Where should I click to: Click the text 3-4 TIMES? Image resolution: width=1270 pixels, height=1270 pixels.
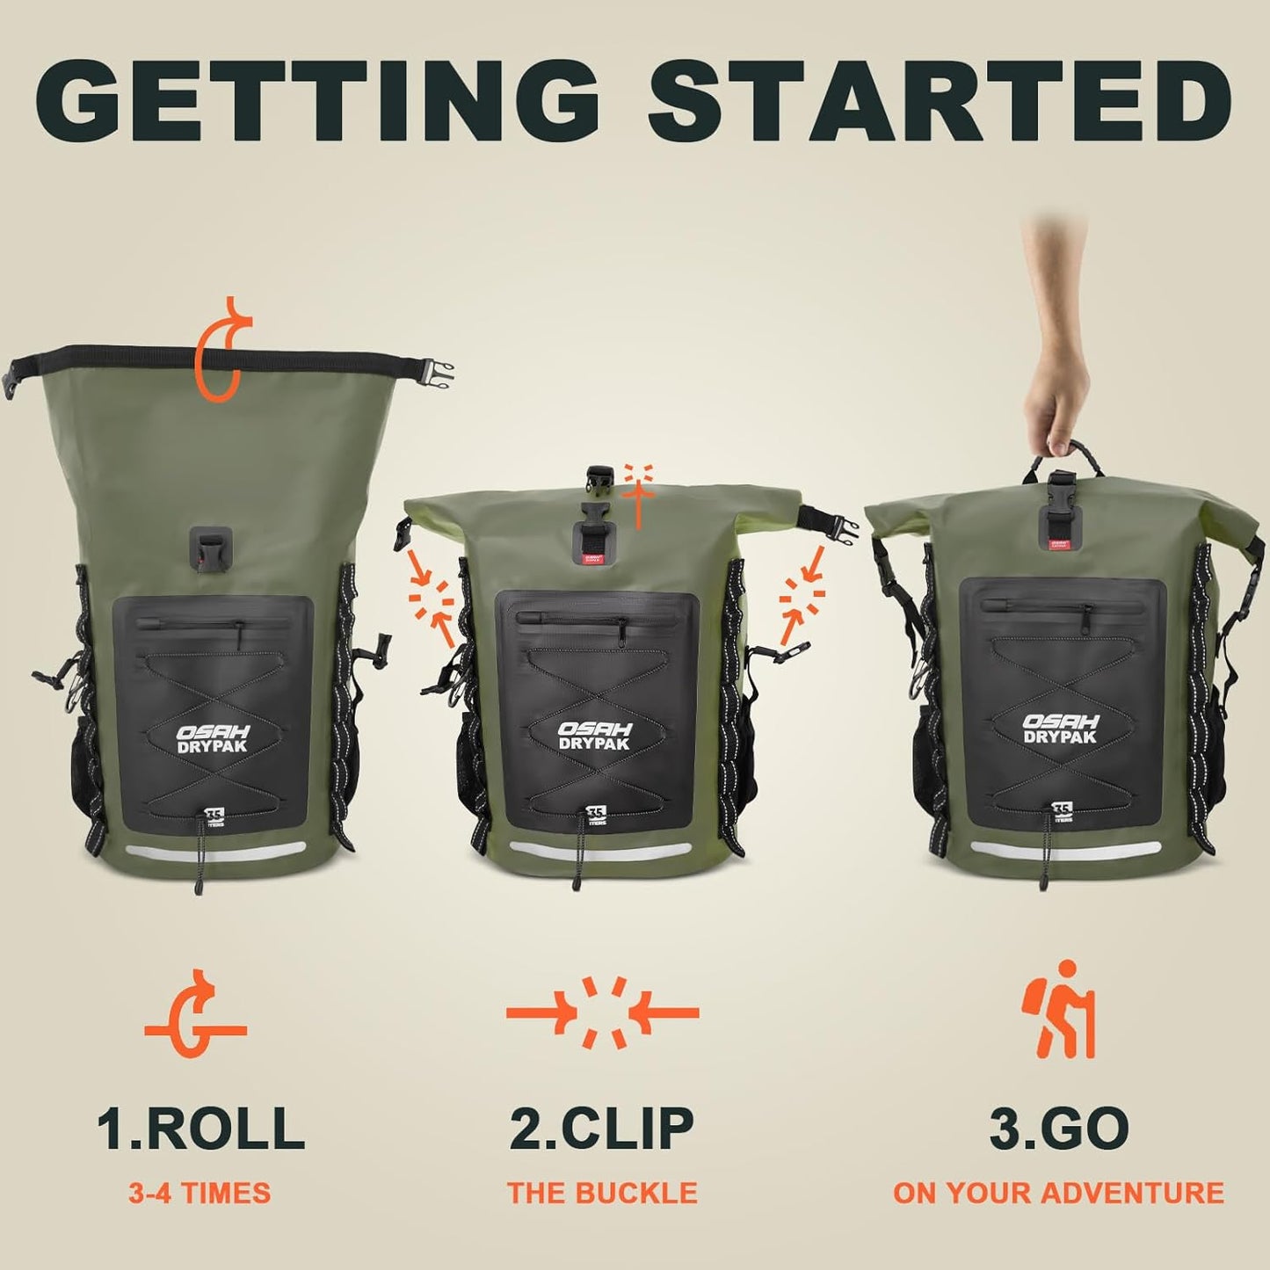(x=200, y=1193)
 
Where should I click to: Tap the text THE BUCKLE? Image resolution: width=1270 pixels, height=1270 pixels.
(x=602, y=1193)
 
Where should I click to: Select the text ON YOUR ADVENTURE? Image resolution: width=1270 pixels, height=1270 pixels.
(x=1058, y=1193)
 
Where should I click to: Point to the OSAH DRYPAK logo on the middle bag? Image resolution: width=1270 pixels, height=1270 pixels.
(x=595, y=737)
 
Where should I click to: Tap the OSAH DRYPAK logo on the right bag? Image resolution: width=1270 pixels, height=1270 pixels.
(x=1060, y=729)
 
